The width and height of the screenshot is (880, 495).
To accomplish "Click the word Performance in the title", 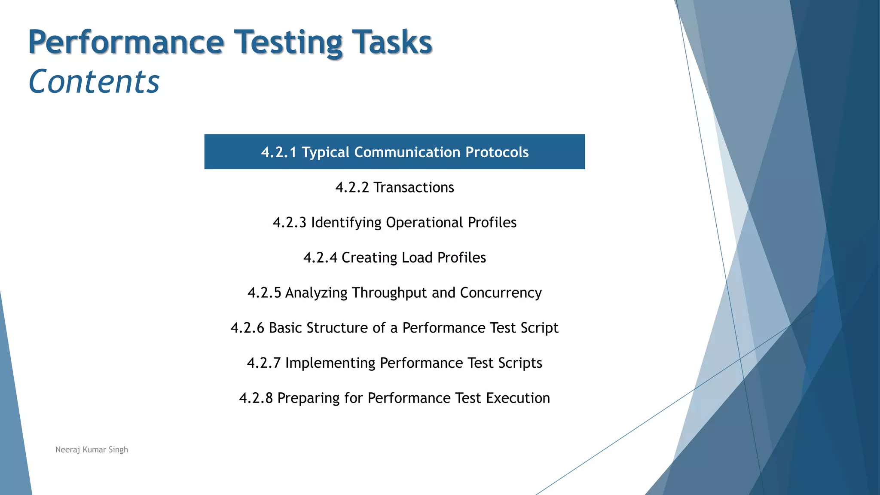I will [x=126, y=43].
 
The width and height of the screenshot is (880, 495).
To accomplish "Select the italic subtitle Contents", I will [x=94, y=82].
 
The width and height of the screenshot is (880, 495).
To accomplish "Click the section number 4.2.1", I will [x=278, y=152].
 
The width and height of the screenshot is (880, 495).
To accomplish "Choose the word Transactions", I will [x=413, y=187].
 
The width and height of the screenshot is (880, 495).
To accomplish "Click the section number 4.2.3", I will [x=290, y=223].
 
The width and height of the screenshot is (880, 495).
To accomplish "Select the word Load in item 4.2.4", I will [x=417, y=258].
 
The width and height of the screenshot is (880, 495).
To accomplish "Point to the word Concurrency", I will [x=501, y=293].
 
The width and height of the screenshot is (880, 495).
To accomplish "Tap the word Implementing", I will [x=330, y=363].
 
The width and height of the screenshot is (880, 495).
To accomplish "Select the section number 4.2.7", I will [x=264, y=363].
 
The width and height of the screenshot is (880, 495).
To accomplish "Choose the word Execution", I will [x=518, y=398].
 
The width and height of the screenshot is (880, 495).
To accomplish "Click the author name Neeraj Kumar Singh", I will [x=92, y=449].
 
